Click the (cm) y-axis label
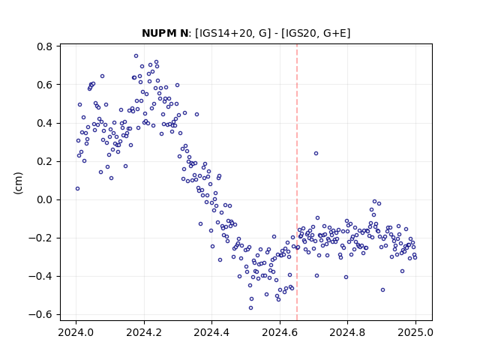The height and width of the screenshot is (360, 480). click(x=18, y=183)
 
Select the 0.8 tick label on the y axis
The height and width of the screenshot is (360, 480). click(x=45, y=46)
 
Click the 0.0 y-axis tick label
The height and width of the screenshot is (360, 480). click(x=45, y=200)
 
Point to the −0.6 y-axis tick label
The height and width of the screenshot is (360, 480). click(x=40, y=315)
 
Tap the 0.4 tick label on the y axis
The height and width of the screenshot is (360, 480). click(x=45, y=123)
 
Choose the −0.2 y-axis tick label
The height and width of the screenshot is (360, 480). click(x=40, y=238)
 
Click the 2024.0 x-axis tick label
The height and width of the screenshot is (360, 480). click(x=76, y=332)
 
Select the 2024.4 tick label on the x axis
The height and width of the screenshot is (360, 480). click(x=211, y=332)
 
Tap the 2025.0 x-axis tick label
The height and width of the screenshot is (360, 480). click(x=415, y=332)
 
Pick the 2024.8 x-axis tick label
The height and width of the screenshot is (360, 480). click(x=347, y=332)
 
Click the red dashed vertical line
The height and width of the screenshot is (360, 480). click(x=297, y=182)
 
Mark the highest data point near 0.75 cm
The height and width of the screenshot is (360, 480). click(x=136, y=56)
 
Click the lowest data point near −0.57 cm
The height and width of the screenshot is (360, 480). click(x=250, y=308)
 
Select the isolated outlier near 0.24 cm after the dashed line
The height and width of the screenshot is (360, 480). click(x=316, y=153)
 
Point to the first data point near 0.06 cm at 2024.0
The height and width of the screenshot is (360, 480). click(x=77, y=188)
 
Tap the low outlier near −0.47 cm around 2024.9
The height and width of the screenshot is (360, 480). click(x=382, y=290)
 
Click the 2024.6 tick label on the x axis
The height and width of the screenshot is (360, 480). click(x=280, y=332)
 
